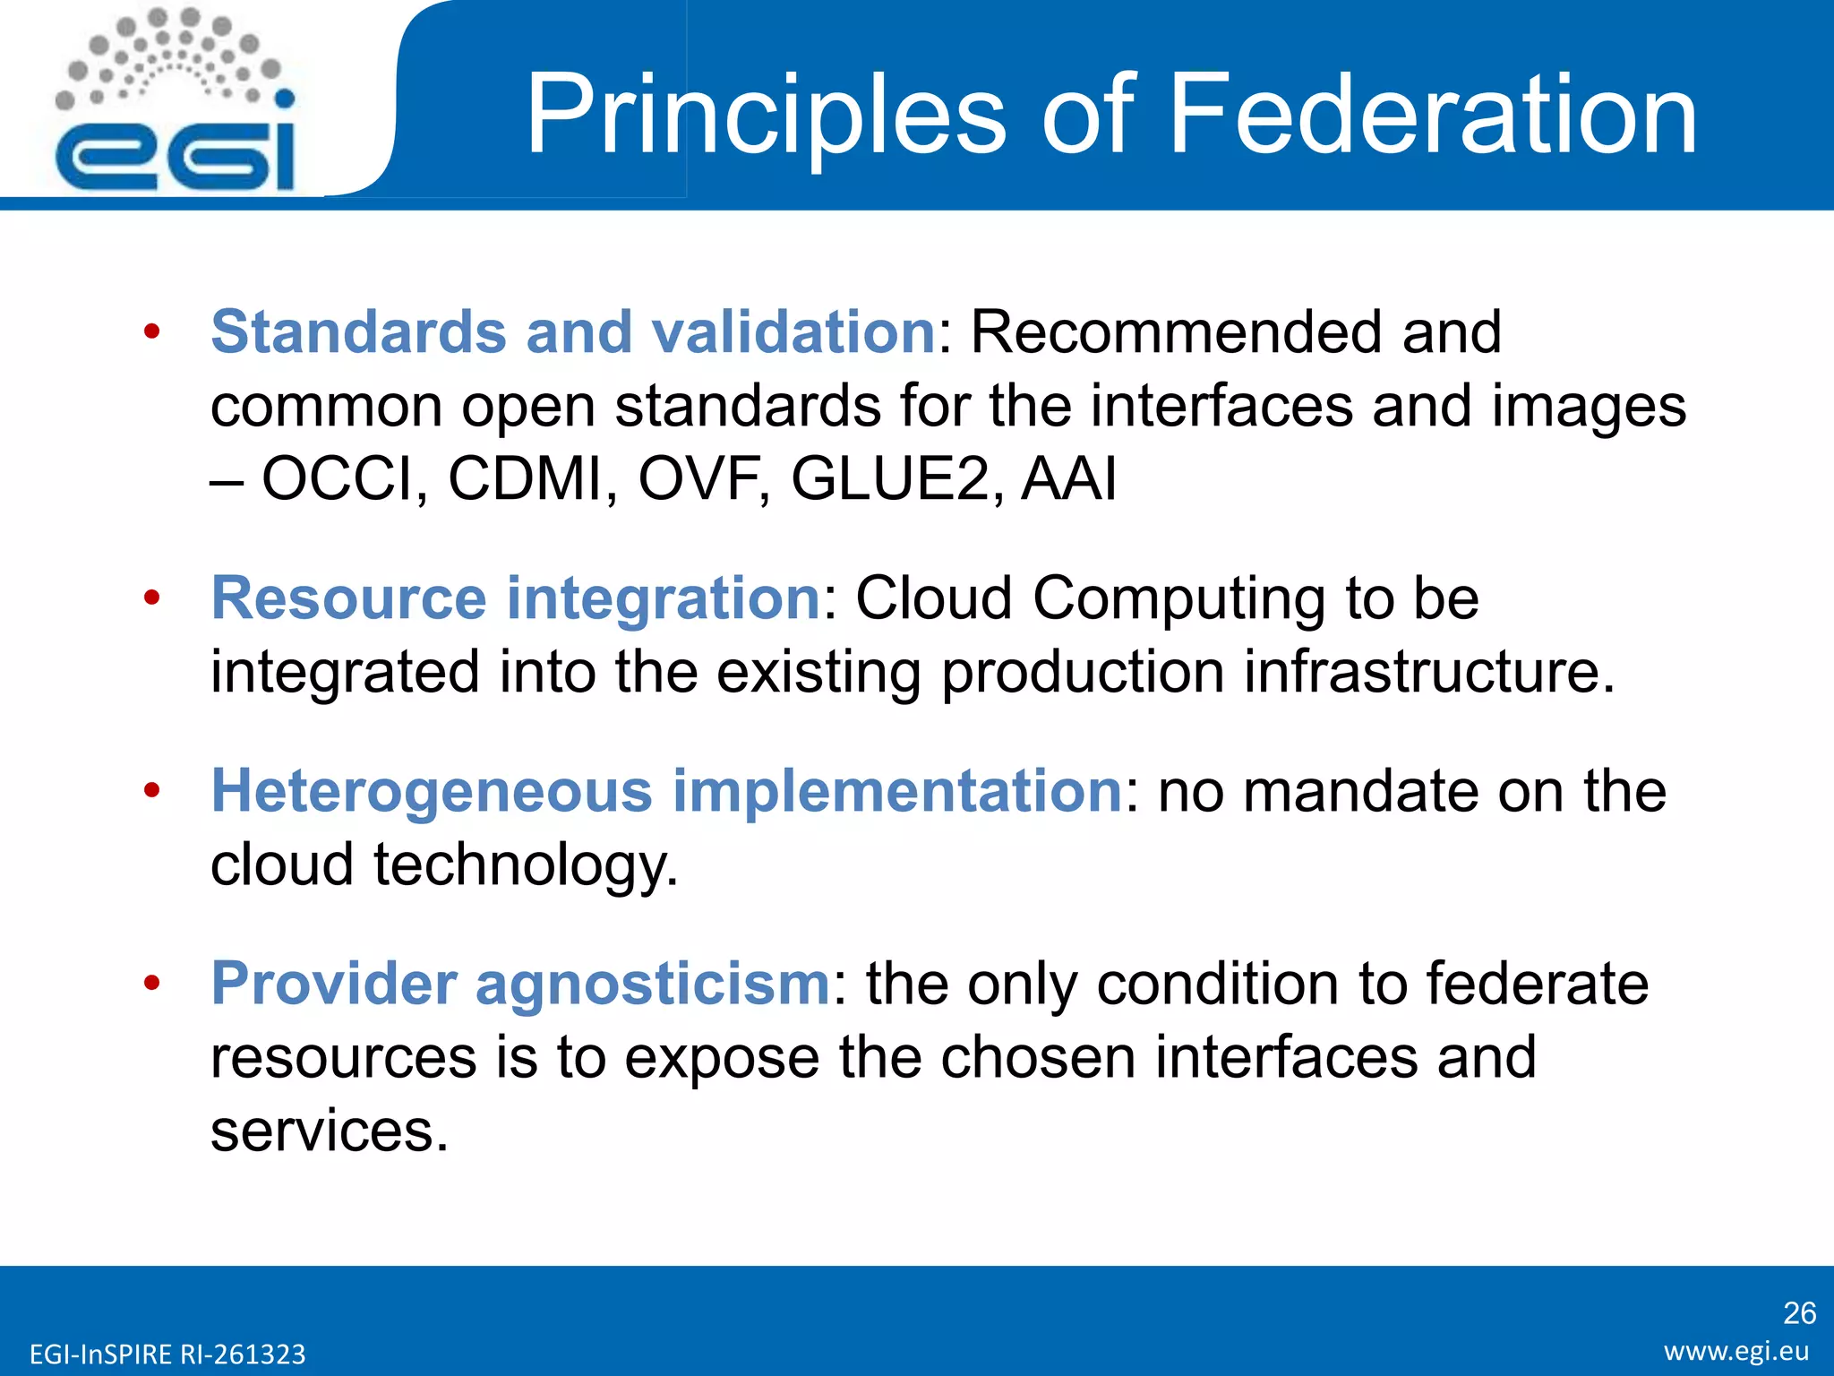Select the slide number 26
[1799, 1312]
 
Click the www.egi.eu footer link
[1736, 1351]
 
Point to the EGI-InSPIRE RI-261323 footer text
[167, 1354]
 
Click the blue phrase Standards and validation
[573, 332]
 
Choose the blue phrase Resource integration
[516, 598]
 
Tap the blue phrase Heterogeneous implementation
[667, 791]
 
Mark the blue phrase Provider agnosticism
[520, 984]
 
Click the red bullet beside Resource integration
[152, 598]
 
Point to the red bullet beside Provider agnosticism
[152, 984]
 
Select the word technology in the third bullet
[525, 865]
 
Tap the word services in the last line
[329, 1131]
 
